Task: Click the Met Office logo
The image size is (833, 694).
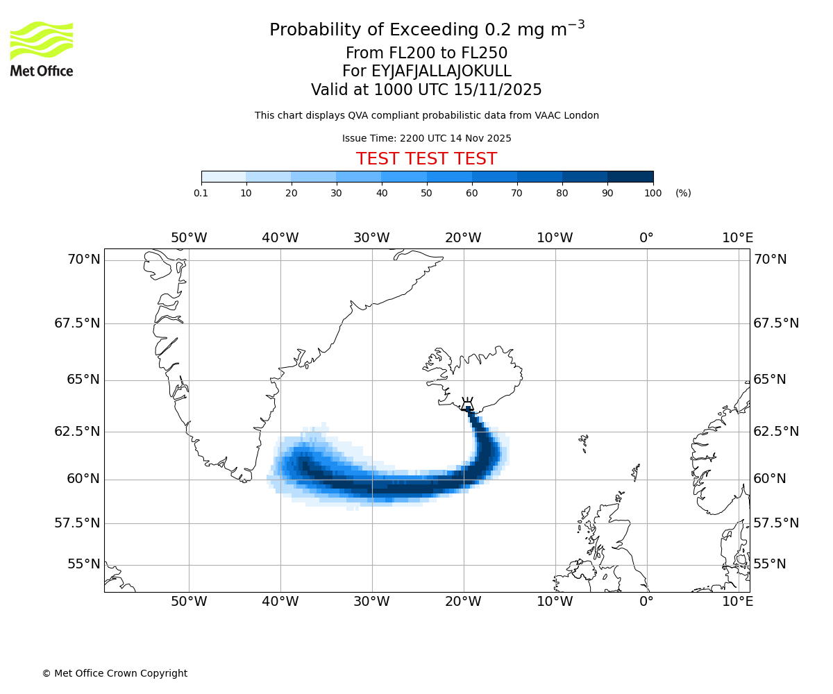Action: (x=42, y=49)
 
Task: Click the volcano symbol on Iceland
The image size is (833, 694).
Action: (x=467, y=404)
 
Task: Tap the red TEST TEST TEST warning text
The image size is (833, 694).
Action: (x=426, y=159)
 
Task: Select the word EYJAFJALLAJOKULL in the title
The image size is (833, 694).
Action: (x=441, y=71)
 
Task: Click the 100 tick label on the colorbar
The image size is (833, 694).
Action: (x=653, y=193)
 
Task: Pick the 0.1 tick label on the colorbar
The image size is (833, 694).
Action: (x=201, y=193)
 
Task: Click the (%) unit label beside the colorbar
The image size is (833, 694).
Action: (x=683, y=193)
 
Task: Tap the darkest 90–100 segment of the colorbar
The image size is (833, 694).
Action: (x=630, y=176)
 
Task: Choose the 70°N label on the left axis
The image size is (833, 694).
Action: (x=84, y=260)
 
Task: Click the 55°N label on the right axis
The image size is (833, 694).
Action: (x=770, y=564)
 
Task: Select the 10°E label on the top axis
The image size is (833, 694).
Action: (x=737, y=238)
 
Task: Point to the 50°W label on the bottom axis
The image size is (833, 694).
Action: (x=189, y=601)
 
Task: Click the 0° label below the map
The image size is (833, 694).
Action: (x=646, y=601)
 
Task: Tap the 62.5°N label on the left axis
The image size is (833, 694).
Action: (x=77, y=431)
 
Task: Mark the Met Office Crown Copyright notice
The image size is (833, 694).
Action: (x=115, y=673)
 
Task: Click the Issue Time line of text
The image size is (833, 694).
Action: (x=426, y=138)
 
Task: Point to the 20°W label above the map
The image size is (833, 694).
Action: (x=463, y=238)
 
